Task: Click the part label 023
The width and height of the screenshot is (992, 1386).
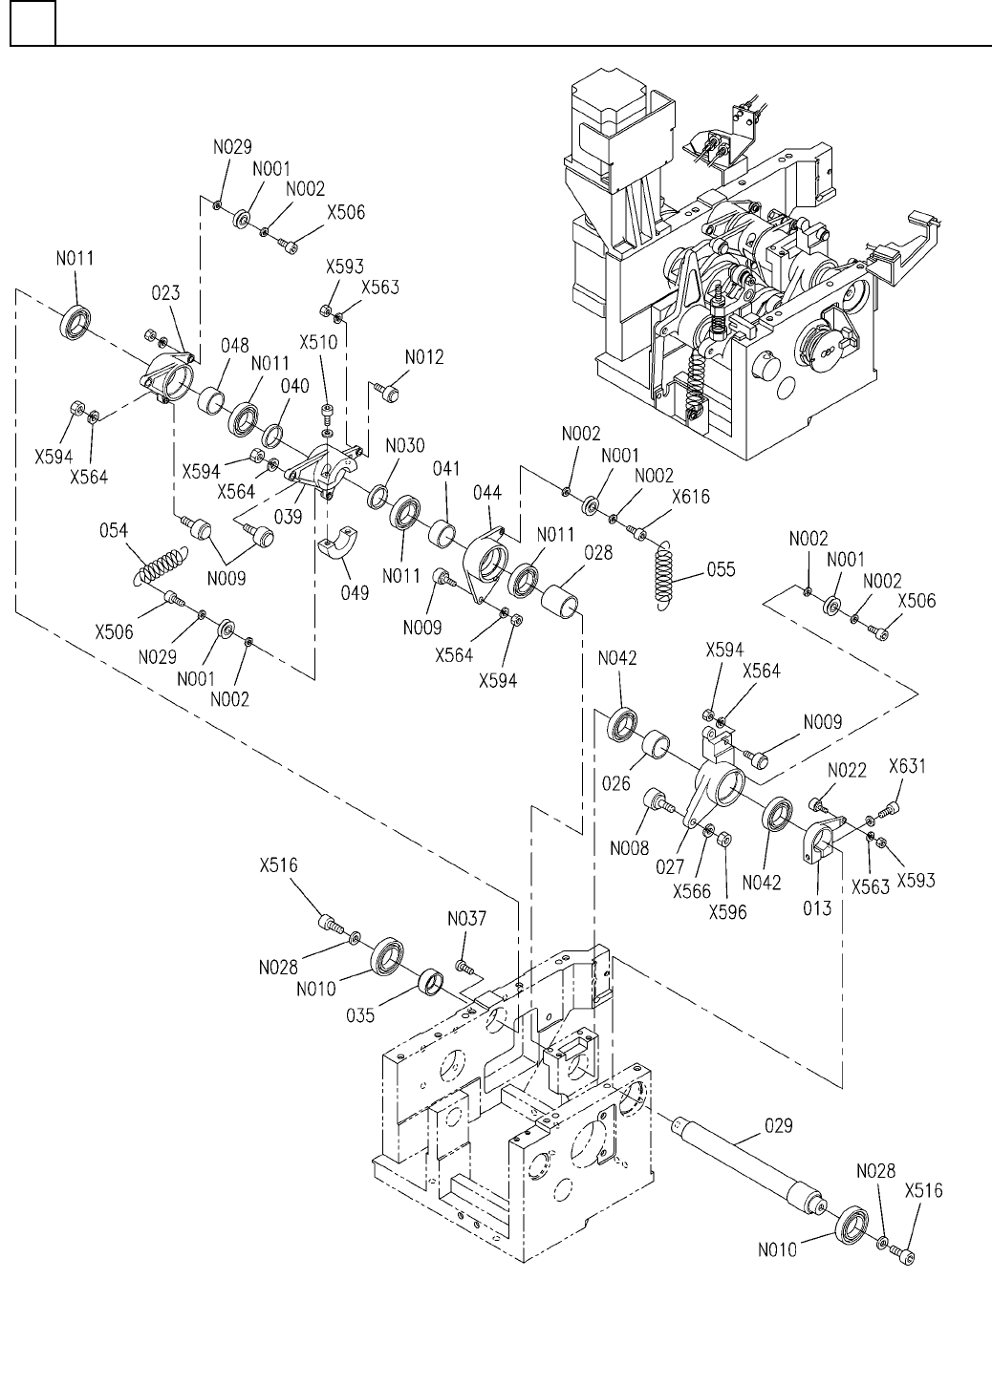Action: (x=166, y=292)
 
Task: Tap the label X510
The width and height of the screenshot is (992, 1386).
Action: (x=318, y=342)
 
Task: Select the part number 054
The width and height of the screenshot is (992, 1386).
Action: (x=114, y=530)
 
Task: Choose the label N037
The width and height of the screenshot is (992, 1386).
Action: (x=467, y=918)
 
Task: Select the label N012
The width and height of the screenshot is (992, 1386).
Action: (x=424, y=357)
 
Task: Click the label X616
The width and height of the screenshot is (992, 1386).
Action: (x=691, y=497)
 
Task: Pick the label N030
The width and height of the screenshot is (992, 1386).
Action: (x=405, y=445)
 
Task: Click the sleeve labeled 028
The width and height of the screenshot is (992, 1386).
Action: (x=560, y=600)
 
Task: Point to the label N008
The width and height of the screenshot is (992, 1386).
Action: (x=629, y=847)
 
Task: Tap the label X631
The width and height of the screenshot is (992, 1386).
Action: (x=907, y=766)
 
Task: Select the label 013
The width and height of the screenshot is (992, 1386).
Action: (x=817, y=908)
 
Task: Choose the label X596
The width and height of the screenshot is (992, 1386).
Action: (x=727, y=912)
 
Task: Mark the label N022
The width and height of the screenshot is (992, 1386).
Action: (x=847, y=770)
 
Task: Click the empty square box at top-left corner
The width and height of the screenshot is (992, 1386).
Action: (x=32, y=23)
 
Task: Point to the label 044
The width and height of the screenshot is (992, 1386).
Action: (x=487, y=493)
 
